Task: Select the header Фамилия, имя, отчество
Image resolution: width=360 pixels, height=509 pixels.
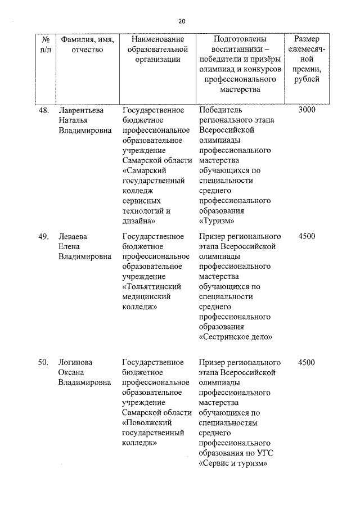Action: tap(87, 45)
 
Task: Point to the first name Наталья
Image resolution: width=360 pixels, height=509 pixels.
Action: tap(74, 120)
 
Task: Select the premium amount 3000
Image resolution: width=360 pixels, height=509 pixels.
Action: tap(307, 110)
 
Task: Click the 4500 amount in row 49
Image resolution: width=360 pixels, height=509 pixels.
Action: tap(307, 236)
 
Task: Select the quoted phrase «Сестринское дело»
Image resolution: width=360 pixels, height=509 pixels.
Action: tap(236, 337)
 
